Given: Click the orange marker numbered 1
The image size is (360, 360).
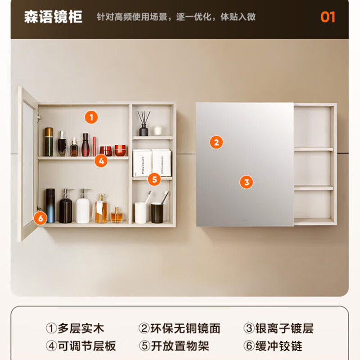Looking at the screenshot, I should (x=91, y=118).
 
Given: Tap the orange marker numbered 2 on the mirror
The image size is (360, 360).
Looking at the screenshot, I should (x=216, y=143).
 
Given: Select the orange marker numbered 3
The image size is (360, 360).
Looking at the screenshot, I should (x=246, y=182).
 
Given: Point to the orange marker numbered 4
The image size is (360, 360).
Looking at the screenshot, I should (x=101, y=161).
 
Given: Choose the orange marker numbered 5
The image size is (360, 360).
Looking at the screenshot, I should (x=154, y=180).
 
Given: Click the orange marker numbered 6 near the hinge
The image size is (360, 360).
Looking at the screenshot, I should (x=40, y=219).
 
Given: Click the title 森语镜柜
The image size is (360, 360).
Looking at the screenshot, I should (x=53, y=17).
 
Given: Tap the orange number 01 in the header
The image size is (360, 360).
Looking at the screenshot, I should (x=328, y=17).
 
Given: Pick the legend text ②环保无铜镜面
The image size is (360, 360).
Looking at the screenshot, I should (x=179, y=328).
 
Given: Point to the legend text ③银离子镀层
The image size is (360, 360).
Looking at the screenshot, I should (x=278, y=328).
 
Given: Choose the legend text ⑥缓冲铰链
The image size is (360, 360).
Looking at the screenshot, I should (x=273, y=346).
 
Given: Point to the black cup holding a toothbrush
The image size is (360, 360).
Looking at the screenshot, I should (x=157, y=212).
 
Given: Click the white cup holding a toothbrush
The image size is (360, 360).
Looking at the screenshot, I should (x=140, y=212).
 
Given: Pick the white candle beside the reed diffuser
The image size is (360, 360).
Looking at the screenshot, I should (x=157, y=130).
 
